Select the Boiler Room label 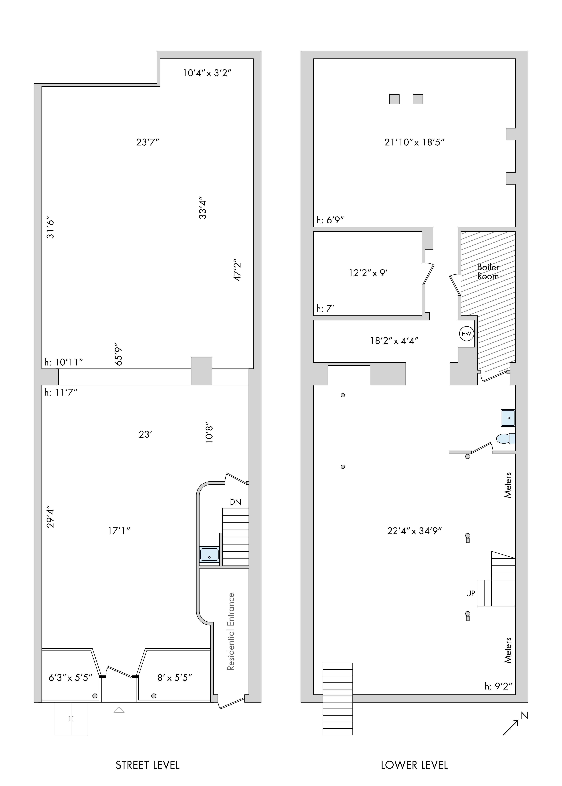(488, 272)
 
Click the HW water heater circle (466, 334)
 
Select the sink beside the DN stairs (209, 554)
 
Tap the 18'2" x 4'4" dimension (394, 341)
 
